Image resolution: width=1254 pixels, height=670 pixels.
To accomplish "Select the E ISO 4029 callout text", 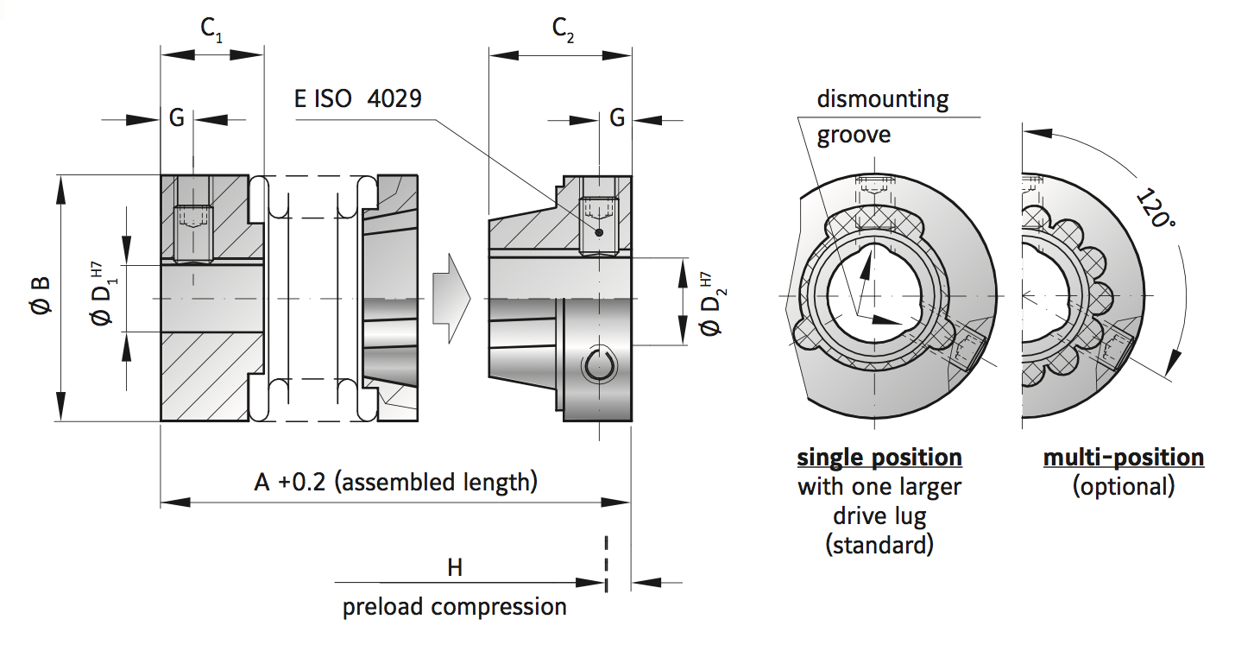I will [357, 98].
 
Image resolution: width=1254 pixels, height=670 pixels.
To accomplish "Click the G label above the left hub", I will [176, 118].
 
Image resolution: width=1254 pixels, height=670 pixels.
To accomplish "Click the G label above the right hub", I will [616, 118].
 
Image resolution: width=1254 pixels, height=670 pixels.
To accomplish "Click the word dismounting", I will [883, 99].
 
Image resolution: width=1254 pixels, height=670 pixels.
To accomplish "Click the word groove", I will [854, 136].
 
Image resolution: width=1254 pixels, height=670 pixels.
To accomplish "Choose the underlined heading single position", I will [879, 457].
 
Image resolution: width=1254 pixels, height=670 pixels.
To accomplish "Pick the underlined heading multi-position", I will [1124, 457].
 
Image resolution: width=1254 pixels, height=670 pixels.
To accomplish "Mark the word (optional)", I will [1124, 486].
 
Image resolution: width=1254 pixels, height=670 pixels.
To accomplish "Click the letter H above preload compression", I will [455, 567].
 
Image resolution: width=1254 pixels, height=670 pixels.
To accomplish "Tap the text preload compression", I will [455, 606].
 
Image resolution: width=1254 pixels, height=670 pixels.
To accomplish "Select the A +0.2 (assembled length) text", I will [395, 482].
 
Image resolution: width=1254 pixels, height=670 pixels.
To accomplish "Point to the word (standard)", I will [879, 545].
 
